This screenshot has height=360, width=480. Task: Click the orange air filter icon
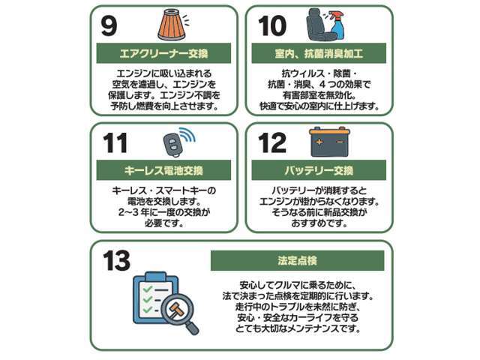(x=171, y=24)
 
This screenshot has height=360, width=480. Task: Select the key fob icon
(x=172, y=142)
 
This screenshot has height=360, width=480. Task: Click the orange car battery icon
(x=330, y=141)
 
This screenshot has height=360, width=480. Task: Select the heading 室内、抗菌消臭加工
(x=319, y=54)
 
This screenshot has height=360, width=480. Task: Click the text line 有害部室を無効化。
(x=319, y=95)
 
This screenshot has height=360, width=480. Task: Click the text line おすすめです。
(x=319, y=223)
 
